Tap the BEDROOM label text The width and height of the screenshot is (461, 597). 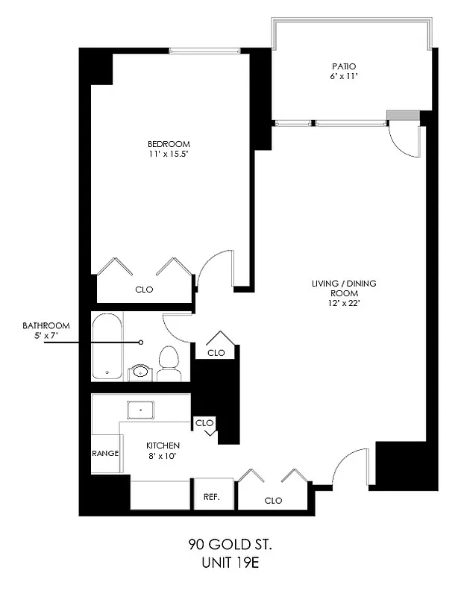(x=169, y=144)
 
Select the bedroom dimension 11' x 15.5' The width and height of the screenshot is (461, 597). (x=169, y=154)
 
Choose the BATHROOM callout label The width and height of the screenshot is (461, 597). (x=46, y=325)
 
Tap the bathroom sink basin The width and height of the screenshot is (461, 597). (x=139, y=371)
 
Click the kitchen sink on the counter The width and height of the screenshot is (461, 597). (x=140, y=410)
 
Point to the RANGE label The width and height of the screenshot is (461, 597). (x=105, y=453)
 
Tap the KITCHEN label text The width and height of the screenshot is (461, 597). (x=163, y=446)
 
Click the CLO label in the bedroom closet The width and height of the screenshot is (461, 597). (x=145, y=290)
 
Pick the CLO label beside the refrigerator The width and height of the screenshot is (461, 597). (x=273, y=500)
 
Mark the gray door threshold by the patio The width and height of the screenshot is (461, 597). (x=403, y=115)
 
